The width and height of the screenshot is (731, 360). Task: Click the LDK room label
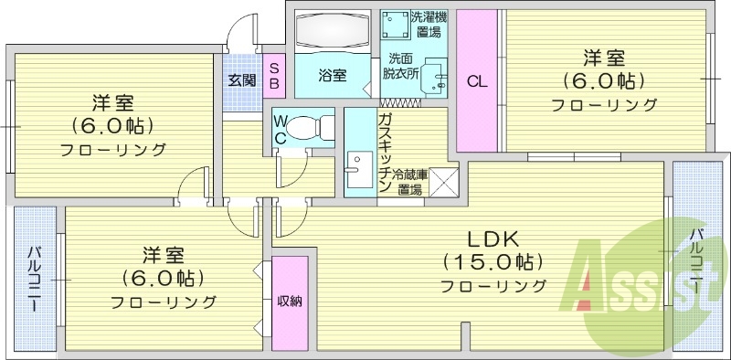click(493, 239)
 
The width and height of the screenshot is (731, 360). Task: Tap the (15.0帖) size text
click(493, 262)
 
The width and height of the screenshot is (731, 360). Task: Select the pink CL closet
click(477, 80)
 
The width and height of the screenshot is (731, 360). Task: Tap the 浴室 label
click(332, 76)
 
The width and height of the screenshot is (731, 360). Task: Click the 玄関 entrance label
click(241, 79)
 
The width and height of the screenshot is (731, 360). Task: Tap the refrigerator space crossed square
click(443, 183)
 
